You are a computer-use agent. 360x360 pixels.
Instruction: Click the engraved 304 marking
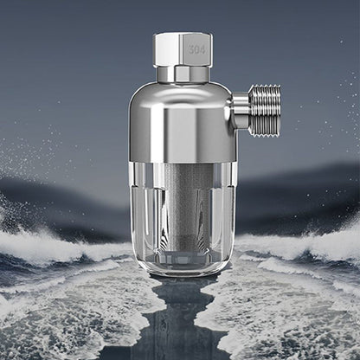click(x=197, y=50)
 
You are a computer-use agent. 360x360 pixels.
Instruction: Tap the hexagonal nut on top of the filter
click(x=183, y=49)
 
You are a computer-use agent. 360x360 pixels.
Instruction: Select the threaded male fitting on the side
click(x=263, y=110)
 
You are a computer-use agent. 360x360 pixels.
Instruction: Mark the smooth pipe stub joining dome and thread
click(x=240, y=110)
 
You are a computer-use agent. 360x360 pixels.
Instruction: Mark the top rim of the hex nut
click(x=183, y=35)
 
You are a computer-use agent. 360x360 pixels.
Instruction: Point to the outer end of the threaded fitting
click(x=278, y=110)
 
